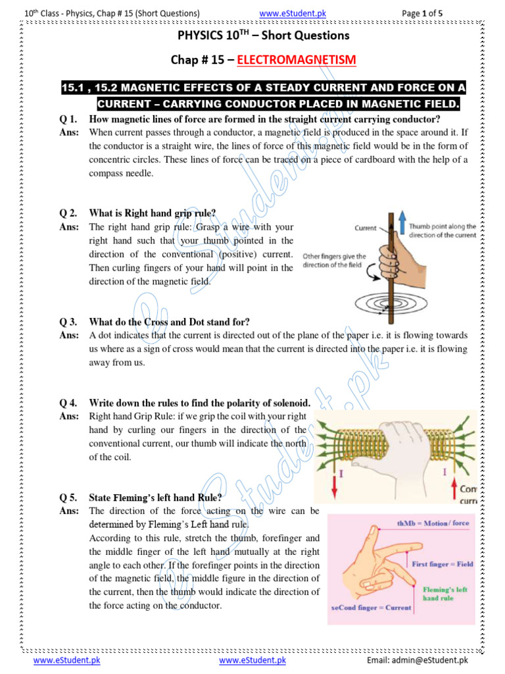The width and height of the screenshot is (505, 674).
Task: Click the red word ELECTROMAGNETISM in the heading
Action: click(x=296, y=61)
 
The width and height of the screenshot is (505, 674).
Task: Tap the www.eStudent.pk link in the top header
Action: click(x=293, y=13)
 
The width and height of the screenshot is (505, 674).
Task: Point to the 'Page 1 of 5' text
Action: click(x=427, y=13)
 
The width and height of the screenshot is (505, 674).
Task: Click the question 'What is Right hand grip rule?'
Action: click(x=153, y=213)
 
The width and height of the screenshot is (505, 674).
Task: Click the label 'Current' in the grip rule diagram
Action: click(x=366, y=228)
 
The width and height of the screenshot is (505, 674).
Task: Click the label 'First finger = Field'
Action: click(x=443, y=564)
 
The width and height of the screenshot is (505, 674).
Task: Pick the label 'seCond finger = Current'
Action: click(x=370, y=608)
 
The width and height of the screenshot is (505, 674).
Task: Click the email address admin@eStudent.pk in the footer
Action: click(x=418, y=660)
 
